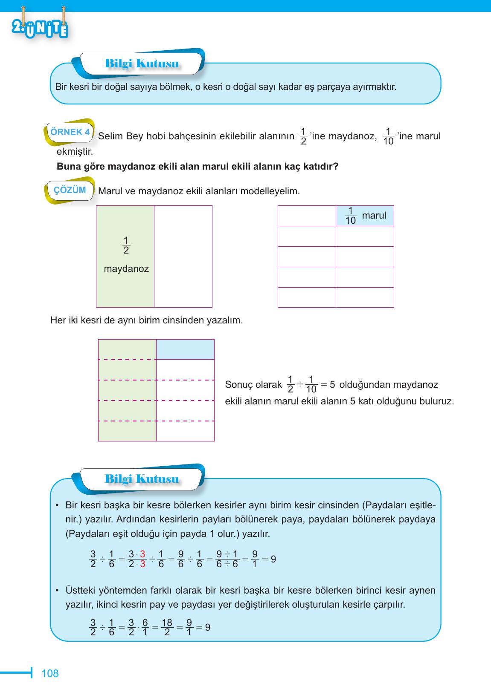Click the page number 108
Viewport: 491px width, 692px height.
click(50, 673)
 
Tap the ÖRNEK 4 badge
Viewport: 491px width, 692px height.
click(70, 132)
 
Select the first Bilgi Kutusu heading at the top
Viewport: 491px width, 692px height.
click(142, 64)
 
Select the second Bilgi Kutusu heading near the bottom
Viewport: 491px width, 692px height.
click(142, 479)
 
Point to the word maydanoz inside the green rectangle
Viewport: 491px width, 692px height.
click(126, 269)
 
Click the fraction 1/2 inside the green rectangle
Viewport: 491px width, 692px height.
click(126, 245)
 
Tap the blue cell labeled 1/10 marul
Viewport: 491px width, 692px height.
click(365, 216)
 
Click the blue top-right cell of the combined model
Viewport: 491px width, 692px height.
click(185, 349)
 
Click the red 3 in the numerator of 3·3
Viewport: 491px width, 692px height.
click(142, 554)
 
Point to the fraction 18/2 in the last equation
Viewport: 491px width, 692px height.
click(167, 627)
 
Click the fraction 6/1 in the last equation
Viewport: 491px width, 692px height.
click(145, 627)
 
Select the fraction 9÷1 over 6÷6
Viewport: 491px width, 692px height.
click(227, 559)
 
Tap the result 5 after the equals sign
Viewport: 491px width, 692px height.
click(332, 384)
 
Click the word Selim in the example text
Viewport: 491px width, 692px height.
click(110, 136)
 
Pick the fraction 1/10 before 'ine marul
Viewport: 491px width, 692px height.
click(388, 136)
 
